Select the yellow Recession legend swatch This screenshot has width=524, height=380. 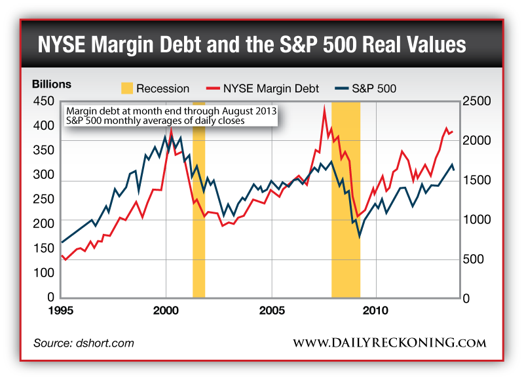point(127,88)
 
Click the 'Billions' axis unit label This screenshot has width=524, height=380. point(52,85)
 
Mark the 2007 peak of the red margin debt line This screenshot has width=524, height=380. point(324,107)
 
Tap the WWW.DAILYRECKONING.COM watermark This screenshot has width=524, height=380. point(389,343)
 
